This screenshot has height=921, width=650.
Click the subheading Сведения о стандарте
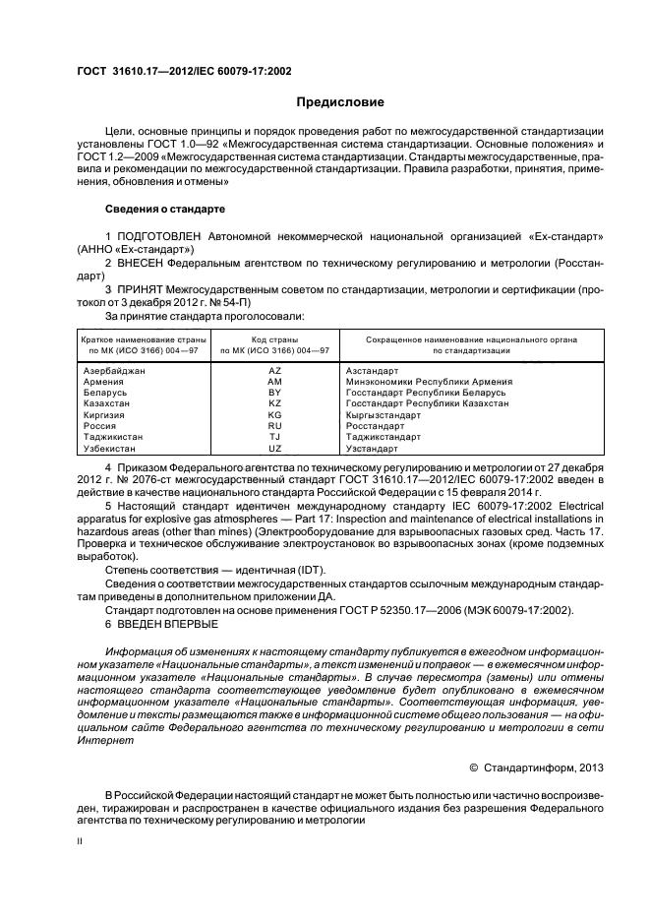[x=165, y=210]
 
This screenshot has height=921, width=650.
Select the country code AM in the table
[x=274, y=381]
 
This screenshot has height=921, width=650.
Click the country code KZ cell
[x=274, y=403]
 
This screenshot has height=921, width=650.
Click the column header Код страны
[x=274, y=339]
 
